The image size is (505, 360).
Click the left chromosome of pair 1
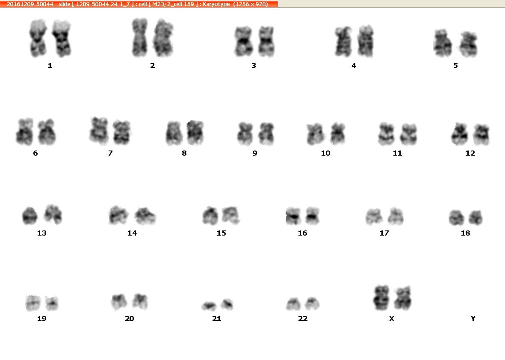click(x=38, y=38)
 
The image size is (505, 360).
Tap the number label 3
click(x=254, y=66)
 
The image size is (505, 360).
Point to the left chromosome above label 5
click(x=443, y=43)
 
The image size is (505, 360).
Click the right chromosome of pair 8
click(x=195, y=133)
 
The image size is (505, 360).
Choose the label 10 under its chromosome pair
click(x=325, y=153)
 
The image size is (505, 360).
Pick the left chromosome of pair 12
click(x=460, y=134)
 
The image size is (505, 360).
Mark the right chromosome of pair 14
click(x=145, y=215)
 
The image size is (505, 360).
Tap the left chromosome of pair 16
click(x=293, y=216)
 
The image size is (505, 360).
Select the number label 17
click(x=384, y=233)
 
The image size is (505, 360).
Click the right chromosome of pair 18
click(x=475, y=217)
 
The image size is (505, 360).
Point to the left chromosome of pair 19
click(x=33, y=303)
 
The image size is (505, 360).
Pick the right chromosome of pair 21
click(x=227, y=304)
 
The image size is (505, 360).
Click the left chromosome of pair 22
click(x=293, y=304)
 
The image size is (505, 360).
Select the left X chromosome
click(x=381, y=298)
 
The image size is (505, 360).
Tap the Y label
click(x=473, y=319)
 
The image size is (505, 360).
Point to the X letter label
click(x=392, y=319)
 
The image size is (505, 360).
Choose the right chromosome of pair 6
click(x=47, y=132)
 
